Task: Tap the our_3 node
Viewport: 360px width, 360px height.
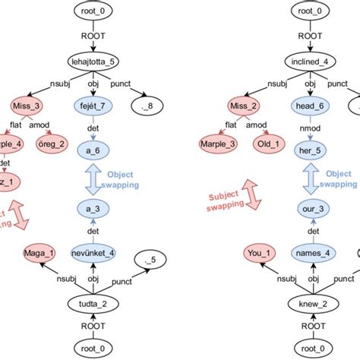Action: click(311, 208)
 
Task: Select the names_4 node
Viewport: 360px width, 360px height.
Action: click(311, 254)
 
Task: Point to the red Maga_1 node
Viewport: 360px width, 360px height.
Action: click(28, 253)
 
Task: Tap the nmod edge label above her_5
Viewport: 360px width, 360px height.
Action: click(311, 128)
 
